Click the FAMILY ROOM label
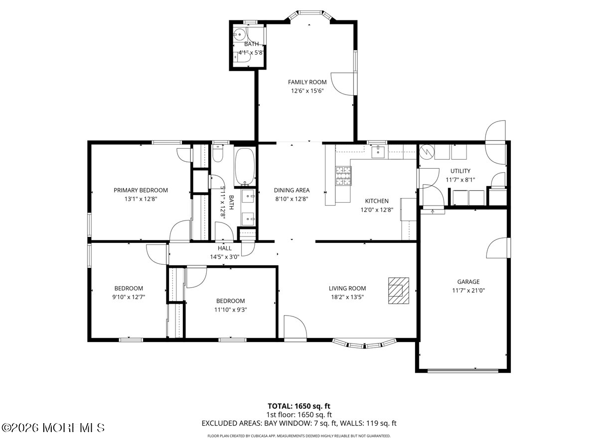[307, 82]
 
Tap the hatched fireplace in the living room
[399, 290]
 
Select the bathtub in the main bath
[245, 166]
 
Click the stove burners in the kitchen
[343, 176]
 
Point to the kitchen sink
[378, 151]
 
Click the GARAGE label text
[468, 282]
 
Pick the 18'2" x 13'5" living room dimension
[347, 297]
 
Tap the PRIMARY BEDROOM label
[141, 190]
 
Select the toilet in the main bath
[218, 154]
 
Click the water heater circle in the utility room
[427, 152]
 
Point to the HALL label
[224, 248]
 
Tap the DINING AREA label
[292, 190]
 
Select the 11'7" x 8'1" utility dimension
[460, 180]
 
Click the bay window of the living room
[364, 344]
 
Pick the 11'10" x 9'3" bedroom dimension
[231, 310]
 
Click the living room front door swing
[296, 327]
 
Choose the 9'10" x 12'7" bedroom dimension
[129, 297]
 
